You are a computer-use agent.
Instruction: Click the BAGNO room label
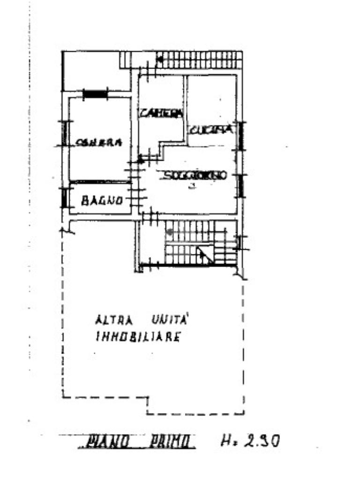[x=102, y=202]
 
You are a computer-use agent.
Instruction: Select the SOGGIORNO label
[x=195, y=175]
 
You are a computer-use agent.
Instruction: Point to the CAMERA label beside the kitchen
[x=161, y=113]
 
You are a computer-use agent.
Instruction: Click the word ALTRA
[x=114, y=321]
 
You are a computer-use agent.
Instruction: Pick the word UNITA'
[x=169, y=320]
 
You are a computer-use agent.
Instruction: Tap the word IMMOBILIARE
[x=138, y=337]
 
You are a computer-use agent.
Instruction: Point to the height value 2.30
[x=262, y=441]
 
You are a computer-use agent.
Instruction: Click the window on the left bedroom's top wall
[x=95, y=94]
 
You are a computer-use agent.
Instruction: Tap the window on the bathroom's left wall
[x=64, y=198]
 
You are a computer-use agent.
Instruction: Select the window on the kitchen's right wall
[x=241, y=135]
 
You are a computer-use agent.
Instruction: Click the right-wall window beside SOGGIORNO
[x=240, y=186]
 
